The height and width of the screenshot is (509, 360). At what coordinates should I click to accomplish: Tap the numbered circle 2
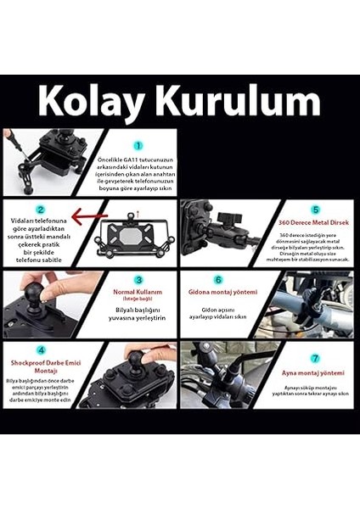[40, 209]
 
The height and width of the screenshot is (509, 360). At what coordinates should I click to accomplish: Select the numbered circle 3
[138, 279]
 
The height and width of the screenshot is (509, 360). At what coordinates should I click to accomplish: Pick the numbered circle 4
[41, 349]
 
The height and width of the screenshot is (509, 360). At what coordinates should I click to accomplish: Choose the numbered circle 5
[315, 209]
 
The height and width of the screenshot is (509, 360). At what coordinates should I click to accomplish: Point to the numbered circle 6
[218, 279]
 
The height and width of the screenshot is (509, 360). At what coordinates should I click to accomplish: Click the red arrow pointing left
[87, 218]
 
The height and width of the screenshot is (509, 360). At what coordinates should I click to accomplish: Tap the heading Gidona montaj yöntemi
[222, 292]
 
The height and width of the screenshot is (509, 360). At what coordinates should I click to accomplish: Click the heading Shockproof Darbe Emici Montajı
[39, 365]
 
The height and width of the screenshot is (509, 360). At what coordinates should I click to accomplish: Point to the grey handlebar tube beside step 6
[297, 305]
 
